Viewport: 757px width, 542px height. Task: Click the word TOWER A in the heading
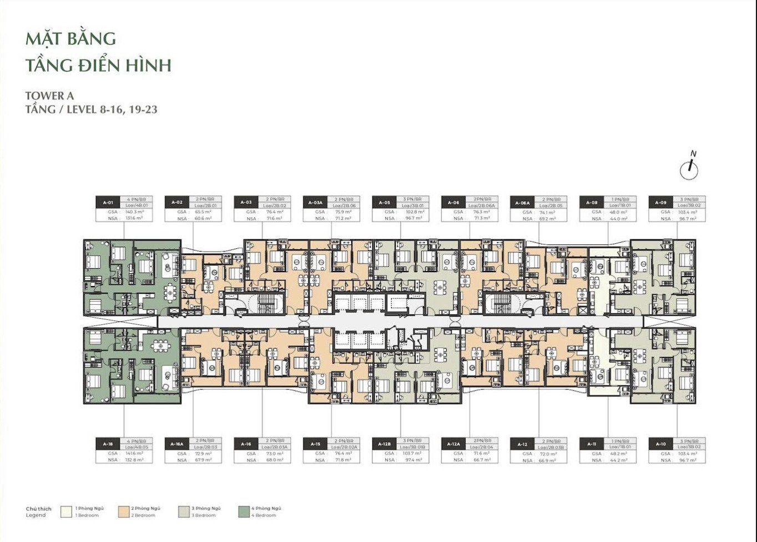tap(49, 96)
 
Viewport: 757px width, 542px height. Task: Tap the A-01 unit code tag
tap(109, 202)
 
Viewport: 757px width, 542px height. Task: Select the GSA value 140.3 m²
tap(134, 212)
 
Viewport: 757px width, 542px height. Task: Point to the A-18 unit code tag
tap(109, 444)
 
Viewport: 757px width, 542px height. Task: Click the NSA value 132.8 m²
tap(134, 460)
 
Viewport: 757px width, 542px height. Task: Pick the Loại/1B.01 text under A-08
tap(619, 205)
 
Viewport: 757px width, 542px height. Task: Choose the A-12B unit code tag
tap(385, 444)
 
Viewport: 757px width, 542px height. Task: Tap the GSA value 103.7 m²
tap(411, 453)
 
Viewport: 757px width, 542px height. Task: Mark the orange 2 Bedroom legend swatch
tap(124, 511)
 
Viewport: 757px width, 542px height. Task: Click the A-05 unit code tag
tap(385, 202)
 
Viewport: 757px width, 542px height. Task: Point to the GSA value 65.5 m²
tap(204, 212)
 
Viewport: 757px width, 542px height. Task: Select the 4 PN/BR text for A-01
tap(137, 199)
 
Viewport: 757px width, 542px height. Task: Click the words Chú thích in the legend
tap(38, 509)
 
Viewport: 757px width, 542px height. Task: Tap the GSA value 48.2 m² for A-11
tap(618, 453)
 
